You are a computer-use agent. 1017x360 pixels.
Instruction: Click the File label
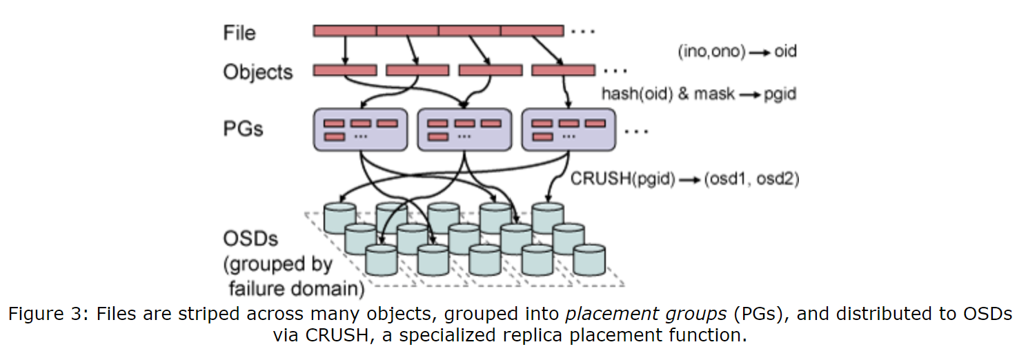click(239, 32)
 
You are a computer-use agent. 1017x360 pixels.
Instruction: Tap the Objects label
click(257, 72)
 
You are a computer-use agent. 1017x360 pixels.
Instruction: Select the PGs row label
click(243, 128)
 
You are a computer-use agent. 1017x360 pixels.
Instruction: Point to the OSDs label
click(250, 239)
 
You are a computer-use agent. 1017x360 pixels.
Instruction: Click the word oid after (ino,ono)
click(785, 52)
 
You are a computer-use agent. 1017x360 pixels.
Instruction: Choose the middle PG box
click(464, 129)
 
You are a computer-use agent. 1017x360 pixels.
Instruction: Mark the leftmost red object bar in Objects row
click(345, 70)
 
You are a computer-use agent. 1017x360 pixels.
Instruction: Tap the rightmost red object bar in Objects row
click(563, 70)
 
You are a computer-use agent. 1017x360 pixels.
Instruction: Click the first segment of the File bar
click(345, 30)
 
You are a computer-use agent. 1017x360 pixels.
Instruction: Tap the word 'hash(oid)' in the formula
click(637, 94)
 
